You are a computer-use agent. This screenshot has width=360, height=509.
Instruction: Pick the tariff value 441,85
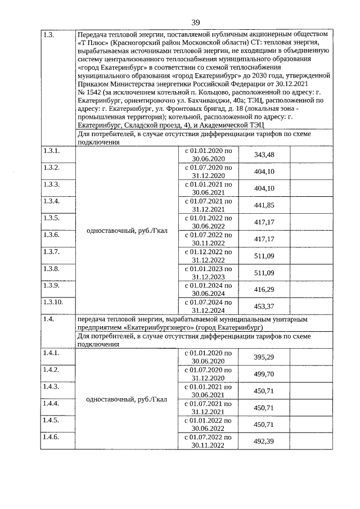[x=264, y=205]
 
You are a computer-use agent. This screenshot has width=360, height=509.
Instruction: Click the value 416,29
[x=264, y=290]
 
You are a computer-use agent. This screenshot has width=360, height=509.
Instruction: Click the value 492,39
[x=264, y=442]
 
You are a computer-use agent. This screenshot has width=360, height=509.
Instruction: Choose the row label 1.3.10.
[x=52, y=302]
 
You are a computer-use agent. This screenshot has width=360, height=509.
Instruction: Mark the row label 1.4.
[x=48, y=319]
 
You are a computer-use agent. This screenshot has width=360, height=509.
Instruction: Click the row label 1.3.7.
[x=50, y=251]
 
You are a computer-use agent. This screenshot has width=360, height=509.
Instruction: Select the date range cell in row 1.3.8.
[x=208, y=273]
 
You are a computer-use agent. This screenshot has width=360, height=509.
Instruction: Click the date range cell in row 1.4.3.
[x=208, y=391]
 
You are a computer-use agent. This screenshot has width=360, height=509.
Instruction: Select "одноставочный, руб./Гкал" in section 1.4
[x=127, y=400]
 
